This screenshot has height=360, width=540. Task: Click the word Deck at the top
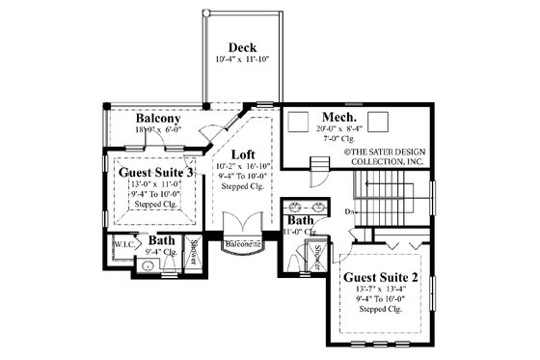pos(241,47)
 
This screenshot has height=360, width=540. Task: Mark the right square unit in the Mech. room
pos(377,120)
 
